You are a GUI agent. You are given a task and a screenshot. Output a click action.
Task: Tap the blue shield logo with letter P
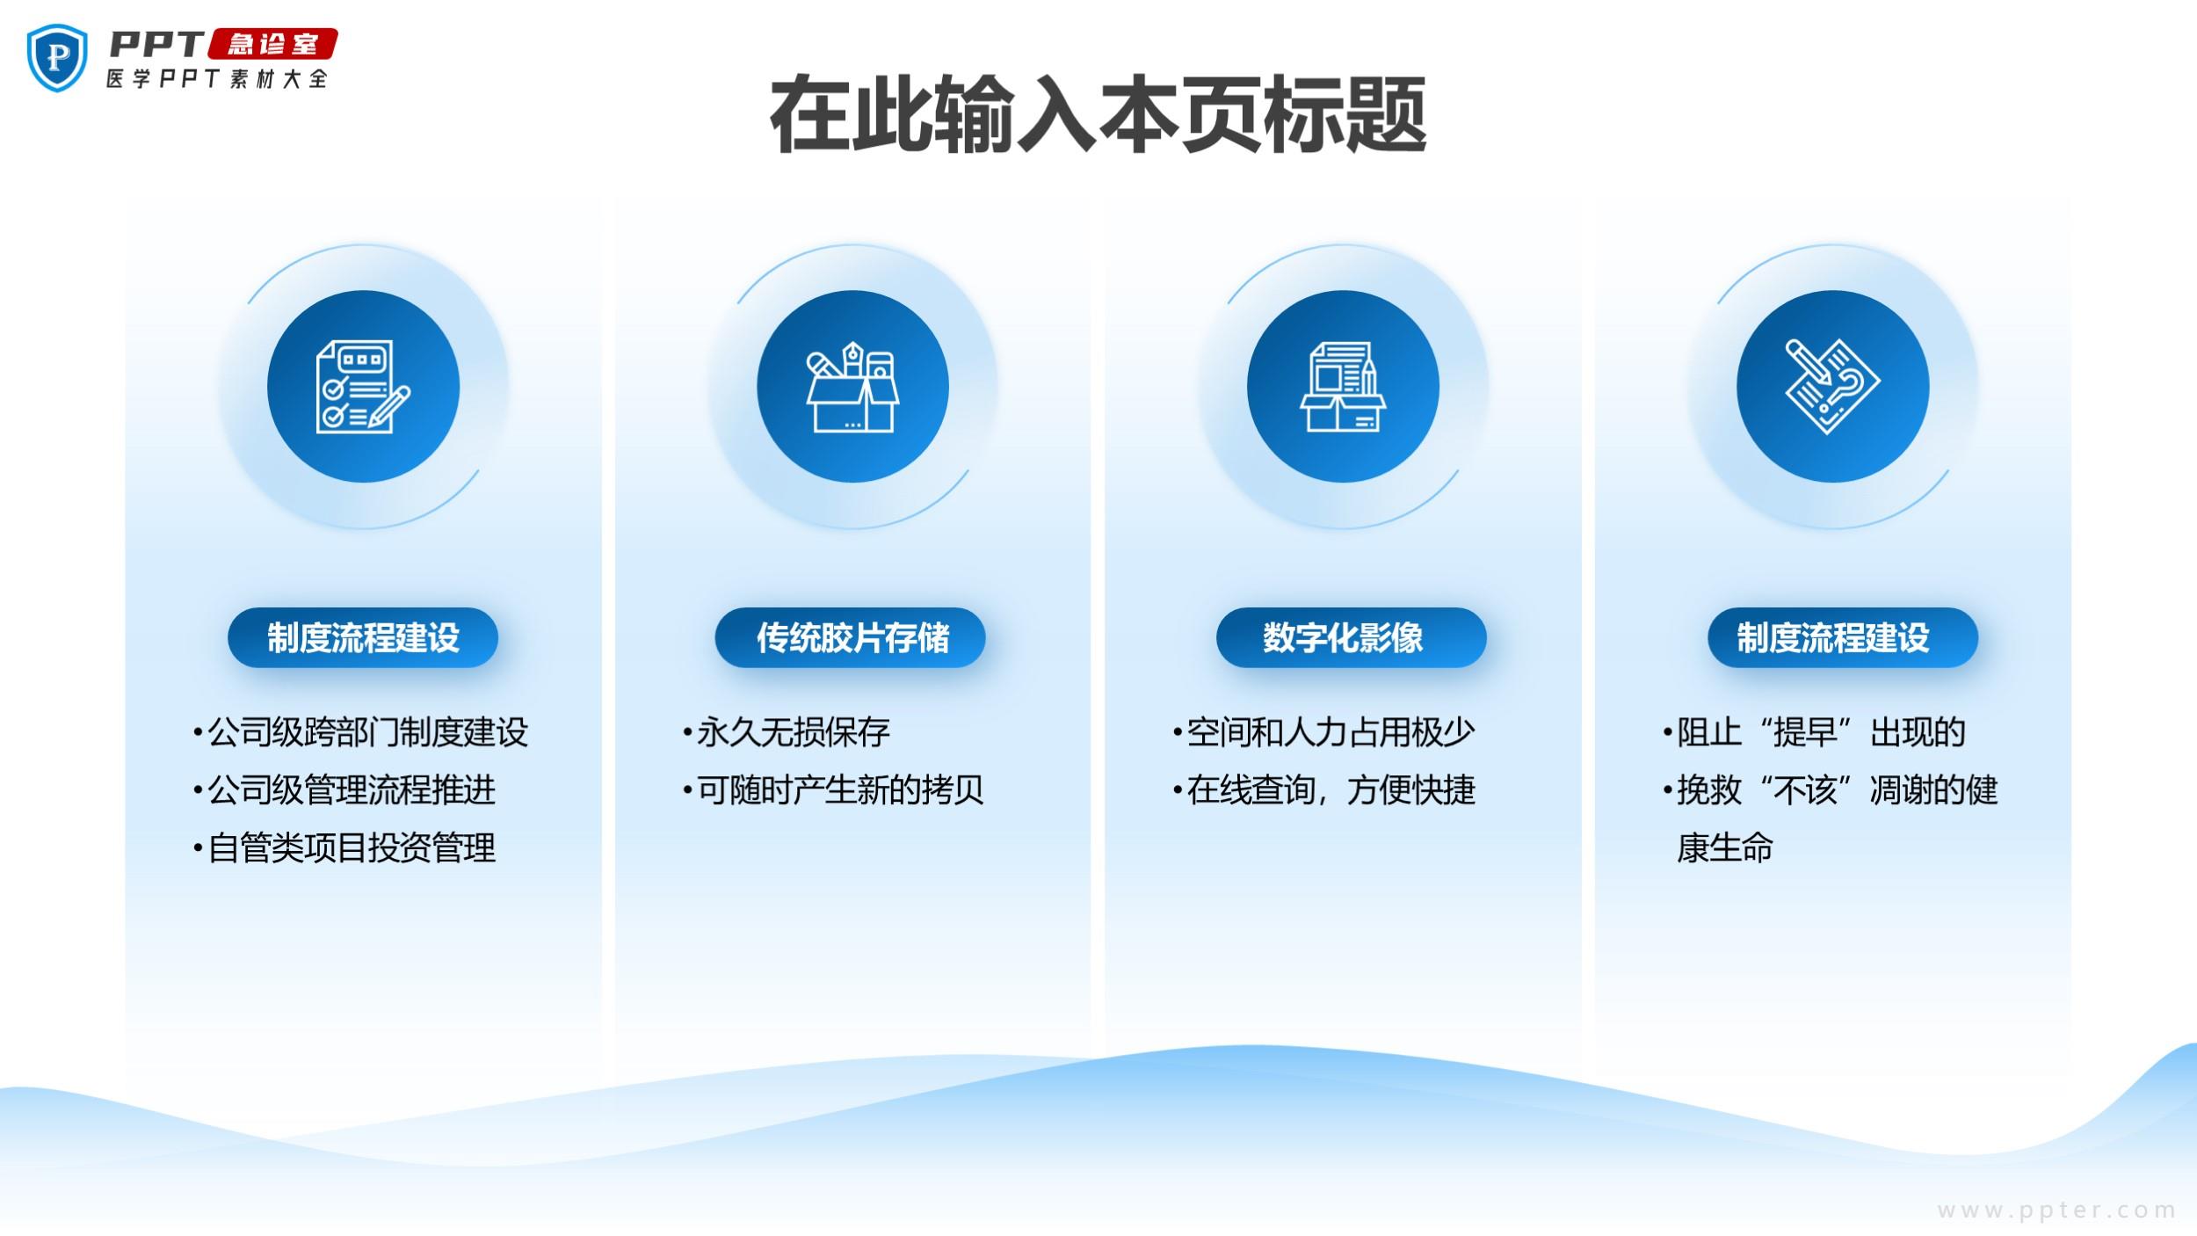pyautogui.click(x=58, y=57)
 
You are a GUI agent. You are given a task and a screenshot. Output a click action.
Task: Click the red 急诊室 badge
pyautogui.click(x=272, y=44)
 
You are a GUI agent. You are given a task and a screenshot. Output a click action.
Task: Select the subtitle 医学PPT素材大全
pyautogui.click(x=217, y=78)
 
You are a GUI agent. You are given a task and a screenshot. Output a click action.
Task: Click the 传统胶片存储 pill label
pyautogui.click(x=851, y=637)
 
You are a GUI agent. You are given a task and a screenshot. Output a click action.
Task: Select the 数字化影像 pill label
pyautogui.click(x=1352, y=637)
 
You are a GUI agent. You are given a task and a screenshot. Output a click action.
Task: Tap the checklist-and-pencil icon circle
pyautogui.click(x=363, y=387)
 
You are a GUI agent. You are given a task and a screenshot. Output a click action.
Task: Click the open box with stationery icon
pyautogui.click(x=852, y=387)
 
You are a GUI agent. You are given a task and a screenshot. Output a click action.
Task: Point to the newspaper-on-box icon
pyautogui.click(x=1343, y=387)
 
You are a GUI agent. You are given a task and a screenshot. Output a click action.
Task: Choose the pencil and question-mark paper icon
pyautogui.click(x=1833, y=387)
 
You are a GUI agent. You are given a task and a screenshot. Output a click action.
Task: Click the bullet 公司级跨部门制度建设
pyautogui.click(x=360, y=732)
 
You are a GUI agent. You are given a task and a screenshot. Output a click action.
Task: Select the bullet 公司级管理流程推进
pyautogui.click(x=344, y=790)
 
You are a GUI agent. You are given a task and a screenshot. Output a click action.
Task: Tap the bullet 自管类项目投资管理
pyautogui.click(x=344, y=848)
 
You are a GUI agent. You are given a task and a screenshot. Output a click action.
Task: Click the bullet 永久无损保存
pyautogui.click(x=787, y=732)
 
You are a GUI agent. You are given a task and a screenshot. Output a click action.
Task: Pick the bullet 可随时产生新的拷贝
pyautogui.click(x=833, y=790)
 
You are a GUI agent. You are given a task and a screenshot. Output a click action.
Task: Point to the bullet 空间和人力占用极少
pyautogui.click(x=1323, y=732)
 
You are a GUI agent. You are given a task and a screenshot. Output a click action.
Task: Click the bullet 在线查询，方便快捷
pyautogui.click(x=1323, y=790)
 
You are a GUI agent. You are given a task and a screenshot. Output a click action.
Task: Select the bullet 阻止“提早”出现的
pyautogui.click(x=1814, y=732)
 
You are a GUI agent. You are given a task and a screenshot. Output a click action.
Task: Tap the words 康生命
pyautogui.click(x=1725, y=848)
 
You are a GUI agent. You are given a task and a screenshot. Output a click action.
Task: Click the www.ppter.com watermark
pyautogui.click(x=2056, y=1211)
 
